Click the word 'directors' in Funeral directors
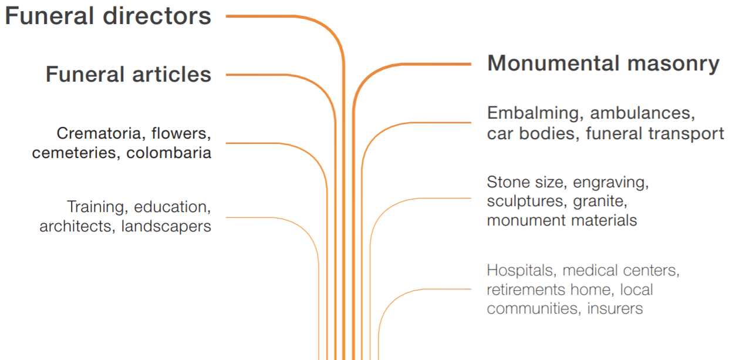coord(157,16)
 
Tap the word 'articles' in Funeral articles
coord(172,74)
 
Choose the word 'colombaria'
coord(168,153)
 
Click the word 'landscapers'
coord(166,226)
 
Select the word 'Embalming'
coord(533,113)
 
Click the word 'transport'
coord(687,133)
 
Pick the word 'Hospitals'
coord(519,271)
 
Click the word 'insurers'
coord(615,308)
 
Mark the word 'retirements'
coord(526,290)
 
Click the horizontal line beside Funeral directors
coord(261,16)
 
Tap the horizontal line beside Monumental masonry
coord(437,64)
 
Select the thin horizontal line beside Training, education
coord(249,217)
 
